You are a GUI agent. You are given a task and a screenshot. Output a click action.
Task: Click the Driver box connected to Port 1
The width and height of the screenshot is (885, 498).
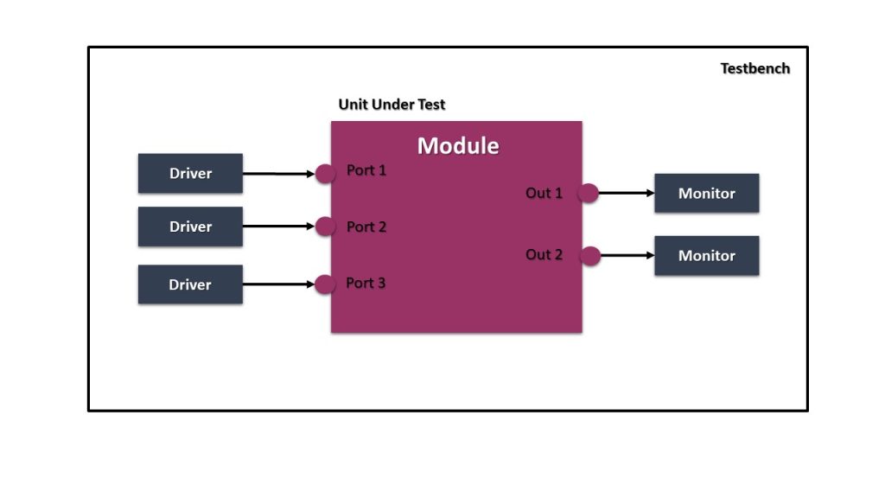click(190, 173)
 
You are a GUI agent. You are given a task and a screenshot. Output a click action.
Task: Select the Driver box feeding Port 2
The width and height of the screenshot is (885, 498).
click(190, 227)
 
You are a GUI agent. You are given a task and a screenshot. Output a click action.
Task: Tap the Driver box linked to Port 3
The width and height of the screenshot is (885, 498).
click(190, 284)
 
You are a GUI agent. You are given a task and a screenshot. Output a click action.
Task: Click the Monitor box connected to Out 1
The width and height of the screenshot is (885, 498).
click(706, 193)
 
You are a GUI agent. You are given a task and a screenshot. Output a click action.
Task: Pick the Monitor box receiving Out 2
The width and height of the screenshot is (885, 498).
click(706, 256)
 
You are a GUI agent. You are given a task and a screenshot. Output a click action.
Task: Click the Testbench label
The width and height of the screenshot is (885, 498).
click(754, 68)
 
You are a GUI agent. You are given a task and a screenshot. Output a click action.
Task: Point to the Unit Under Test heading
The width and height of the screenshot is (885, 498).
click(392, 105)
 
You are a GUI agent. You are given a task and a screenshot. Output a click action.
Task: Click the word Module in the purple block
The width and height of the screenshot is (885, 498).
click(458, 145)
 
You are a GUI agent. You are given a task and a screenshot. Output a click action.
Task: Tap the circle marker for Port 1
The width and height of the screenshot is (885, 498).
click(325, 174)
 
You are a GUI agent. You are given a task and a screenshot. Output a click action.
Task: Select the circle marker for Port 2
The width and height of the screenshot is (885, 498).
click(325, 227)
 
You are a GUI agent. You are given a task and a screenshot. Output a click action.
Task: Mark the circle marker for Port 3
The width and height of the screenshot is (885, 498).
click(325, 284)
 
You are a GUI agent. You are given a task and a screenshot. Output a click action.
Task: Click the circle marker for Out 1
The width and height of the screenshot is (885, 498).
click(589, 193)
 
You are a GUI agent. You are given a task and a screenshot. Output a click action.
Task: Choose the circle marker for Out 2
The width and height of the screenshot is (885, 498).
click(590, 255)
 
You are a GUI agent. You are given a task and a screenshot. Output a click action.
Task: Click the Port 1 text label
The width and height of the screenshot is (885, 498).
click(366, 170)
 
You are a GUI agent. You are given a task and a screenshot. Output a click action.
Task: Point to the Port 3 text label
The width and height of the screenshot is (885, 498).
click(366, 283)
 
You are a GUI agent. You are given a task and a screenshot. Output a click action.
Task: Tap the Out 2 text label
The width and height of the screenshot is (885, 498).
click(544, 254)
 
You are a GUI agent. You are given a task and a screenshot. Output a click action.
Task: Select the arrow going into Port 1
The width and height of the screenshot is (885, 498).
click(278, 174)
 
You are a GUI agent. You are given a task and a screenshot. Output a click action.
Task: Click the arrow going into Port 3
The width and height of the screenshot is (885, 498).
click(278, 284)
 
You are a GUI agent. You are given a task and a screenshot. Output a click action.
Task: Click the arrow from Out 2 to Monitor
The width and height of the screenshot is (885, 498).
click(627, 255)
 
